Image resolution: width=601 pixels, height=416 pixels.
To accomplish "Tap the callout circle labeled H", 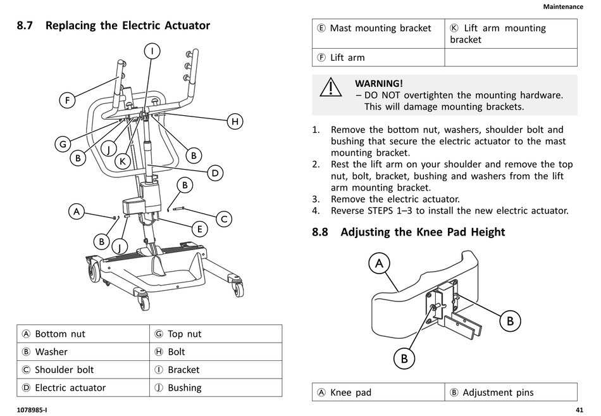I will (x=235, y=122).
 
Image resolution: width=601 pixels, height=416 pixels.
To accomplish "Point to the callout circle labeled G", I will (x=63, y=144).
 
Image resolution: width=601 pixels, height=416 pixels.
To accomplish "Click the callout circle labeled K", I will (x=123, y=161).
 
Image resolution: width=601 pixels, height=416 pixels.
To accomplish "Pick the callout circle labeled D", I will (x=215, y=172).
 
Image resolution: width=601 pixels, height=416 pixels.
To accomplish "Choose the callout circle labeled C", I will (x=223, y=219).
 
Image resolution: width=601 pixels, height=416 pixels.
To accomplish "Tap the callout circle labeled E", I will (x=199, y=229).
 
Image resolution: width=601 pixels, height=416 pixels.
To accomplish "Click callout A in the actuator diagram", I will (x=77, y=211).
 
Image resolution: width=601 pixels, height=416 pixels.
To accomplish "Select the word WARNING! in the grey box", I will (x=378, y=84).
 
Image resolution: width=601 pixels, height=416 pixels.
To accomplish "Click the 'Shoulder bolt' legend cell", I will (x=82, y=370).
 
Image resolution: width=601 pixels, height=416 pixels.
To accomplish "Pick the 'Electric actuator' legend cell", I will (x=82, y=388).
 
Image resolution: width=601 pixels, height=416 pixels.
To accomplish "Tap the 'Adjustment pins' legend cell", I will (x=510, y=393).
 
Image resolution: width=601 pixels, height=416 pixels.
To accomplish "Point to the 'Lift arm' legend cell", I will (x=378, y=58).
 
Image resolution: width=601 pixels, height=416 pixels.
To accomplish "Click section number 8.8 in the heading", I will (x=322, y=232).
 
